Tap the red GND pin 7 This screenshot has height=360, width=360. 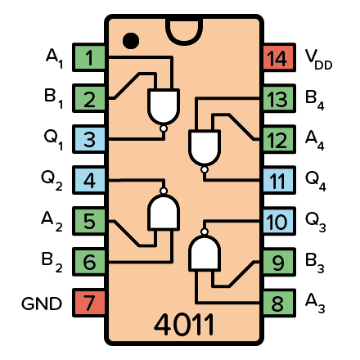pyautogui.click(x=89, y=304)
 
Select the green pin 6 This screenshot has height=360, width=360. pyautogui.click(x=89, y=263)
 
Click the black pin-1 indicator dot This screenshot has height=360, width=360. pyautogui.click(x=129, y=39)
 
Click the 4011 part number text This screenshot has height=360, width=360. pyautogui.click(x=183, y=324)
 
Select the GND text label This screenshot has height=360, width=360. pyautogui.click(x=41, y=304)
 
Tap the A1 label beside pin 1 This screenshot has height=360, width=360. pyautogui.click(x=54, y=58)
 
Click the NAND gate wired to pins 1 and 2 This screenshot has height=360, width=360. pyautogui.click(x=164, y=105)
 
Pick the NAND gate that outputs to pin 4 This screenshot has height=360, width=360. pyautogui.click(x=164, y=213)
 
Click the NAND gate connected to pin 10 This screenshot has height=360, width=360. pyautogui.click(x=205, y=254)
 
